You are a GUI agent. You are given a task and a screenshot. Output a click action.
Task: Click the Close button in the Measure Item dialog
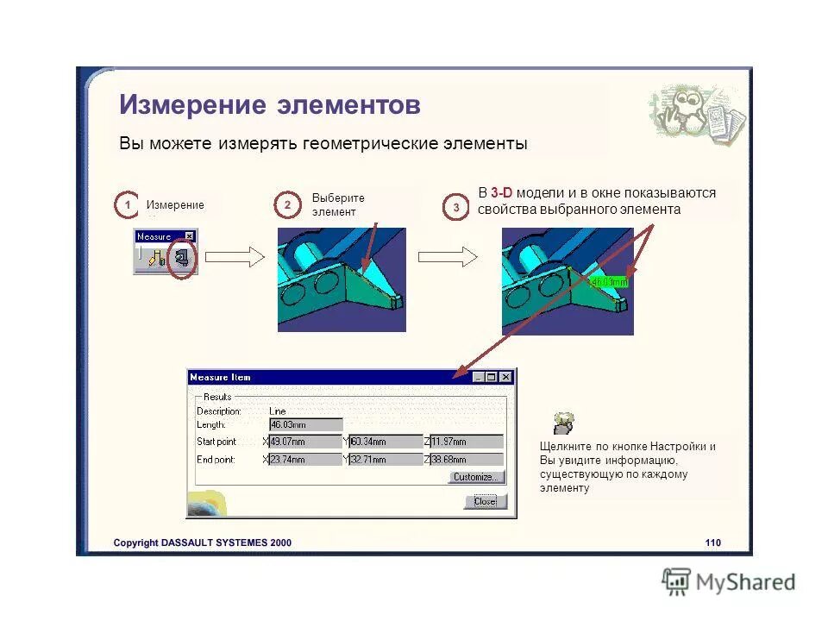click(486, 502)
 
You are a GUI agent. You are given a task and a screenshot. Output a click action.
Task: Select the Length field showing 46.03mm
click(305, 424)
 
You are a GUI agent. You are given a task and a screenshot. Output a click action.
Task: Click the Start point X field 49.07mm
click(305, 442)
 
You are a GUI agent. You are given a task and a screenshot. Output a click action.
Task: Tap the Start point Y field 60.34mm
click(386, 442)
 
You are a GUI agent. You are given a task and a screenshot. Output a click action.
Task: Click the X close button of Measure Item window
click(506, 377)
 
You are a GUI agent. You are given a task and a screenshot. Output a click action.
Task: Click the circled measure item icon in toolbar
click(181, 257)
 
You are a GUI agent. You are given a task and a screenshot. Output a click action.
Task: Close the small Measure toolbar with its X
click(190, 235)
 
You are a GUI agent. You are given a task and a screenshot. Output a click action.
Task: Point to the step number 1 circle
click(127, 205)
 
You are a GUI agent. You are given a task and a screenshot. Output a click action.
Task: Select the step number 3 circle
click(456, 208)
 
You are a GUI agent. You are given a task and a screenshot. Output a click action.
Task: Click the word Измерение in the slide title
click(191, 105)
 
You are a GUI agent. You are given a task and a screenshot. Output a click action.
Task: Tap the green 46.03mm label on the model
click(609, 281)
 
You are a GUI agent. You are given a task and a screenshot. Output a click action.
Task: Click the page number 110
click(712, 543)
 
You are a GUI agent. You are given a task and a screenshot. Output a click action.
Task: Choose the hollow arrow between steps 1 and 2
click(235, 256)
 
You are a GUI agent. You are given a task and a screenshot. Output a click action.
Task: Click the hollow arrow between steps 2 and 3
click(448, 256)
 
